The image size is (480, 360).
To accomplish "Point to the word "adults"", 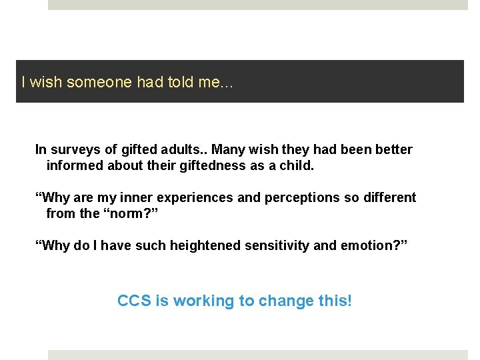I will [185, 150].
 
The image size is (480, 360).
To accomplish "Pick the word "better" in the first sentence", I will [393, 150].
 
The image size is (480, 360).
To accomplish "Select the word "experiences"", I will [195, 198].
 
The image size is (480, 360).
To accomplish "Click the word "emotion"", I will [365, 246].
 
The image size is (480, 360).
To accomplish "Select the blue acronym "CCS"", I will [134, 301].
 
